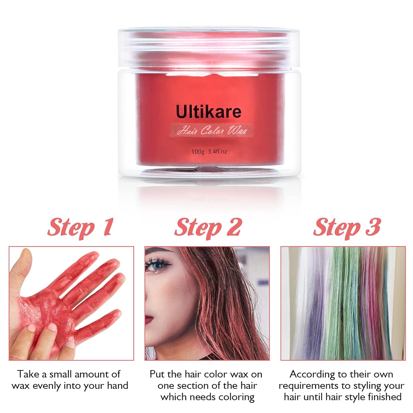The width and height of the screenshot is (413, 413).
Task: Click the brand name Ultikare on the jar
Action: click(208, 112)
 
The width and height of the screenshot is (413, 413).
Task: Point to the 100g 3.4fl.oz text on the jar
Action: click(209, 151)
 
